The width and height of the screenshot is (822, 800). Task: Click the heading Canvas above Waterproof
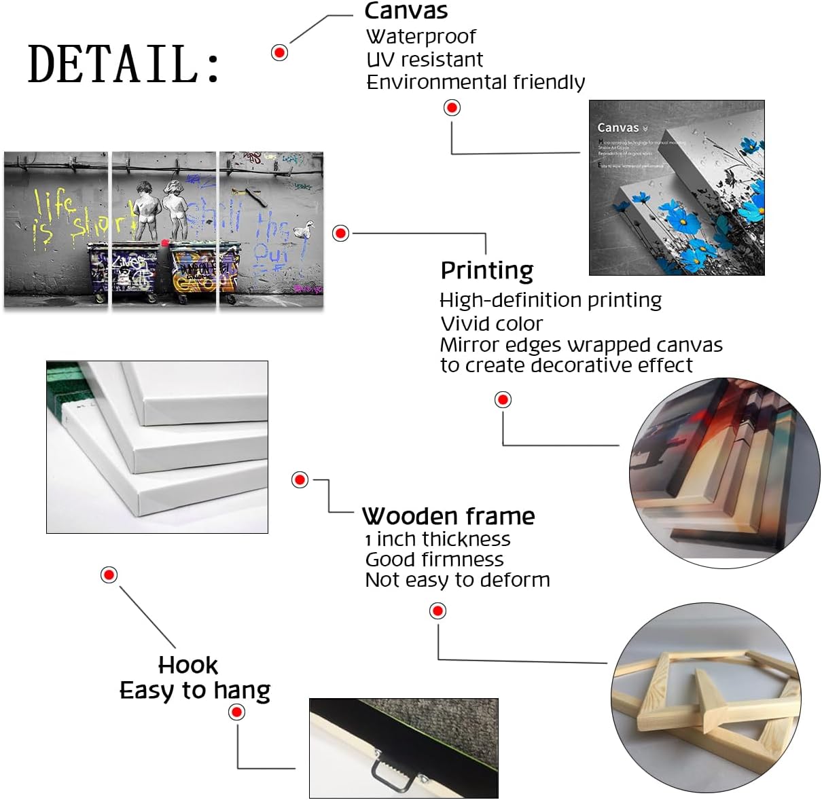point(406,11)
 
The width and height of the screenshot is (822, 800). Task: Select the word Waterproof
point(421,36)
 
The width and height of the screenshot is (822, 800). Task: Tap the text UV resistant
point(425,60)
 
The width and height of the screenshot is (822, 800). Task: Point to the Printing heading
point(487,270)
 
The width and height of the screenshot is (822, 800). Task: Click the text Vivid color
point(492,323)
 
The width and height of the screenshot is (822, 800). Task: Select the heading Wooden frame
point(448,516)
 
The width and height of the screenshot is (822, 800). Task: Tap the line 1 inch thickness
point(437,539)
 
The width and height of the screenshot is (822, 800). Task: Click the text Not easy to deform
point(457,580)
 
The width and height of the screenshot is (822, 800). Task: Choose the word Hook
point(188,665)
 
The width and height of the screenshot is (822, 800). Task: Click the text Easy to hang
point(195,691)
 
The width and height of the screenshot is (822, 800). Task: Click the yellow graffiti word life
point(54,202)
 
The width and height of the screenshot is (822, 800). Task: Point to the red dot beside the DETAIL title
point(279,52)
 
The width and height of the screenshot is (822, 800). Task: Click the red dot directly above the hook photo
point(236,712)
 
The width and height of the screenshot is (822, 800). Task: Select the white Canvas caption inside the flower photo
point(619,128)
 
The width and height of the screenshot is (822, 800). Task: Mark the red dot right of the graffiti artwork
point(340,233)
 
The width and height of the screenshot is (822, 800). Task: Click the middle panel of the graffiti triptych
point(163,230)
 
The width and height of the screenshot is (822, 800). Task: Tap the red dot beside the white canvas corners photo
point(300,479)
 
